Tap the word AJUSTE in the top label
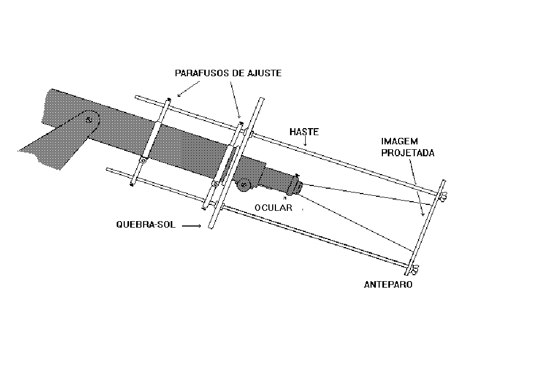point(265,73)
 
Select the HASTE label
point(304,132)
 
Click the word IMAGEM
point(400,141)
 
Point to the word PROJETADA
point(408,153)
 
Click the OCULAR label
point(273,208)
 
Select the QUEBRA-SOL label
point(146,225)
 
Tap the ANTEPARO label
point(388,284)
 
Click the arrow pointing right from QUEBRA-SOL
point(192,226)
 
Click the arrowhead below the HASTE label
point(305,144)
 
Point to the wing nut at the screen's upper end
point(443,197)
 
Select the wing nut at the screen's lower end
point(414,270)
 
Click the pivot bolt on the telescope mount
point(89,120)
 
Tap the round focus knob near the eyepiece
point(244,185)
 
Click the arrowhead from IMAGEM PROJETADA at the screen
point(422,214)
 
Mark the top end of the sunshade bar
point(262,99)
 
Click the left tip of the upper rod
point(137,97)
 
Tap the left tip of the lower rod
point(107,169)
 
